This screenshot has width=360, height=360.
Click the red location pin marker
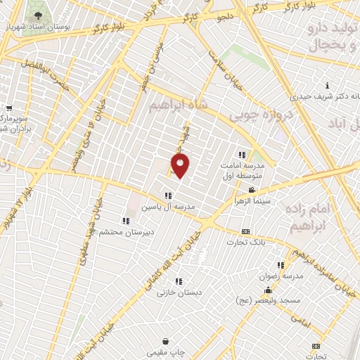181,165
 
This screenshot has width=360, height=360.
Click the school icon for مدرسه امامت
243,155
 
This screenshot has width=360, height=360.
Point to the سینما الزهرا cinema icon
251,190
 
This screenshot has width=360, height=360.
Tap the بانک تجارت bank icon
245,232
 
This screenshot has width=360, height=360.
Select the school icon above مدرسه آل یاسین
167,195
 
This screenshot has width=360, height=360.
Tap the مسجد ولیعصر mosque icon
266,290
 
